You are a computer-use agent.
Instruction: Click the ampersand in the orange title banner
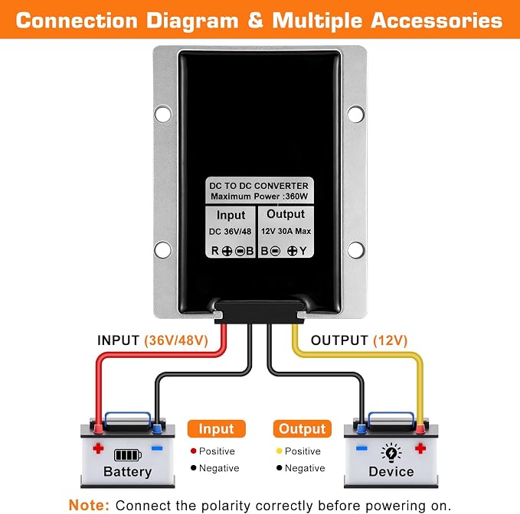click(x=256, y=21)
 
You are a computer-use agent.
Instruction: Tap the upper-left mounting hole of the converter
click(x=163, y=114)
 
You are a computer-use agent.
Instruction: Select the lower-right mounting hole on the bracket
click(x=356, y=249)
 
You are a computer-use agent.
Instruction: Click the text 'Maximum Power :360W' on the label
click(x=260, y=196)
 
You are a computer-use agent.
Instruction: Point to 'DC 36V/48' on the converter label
click(x=231, y=232)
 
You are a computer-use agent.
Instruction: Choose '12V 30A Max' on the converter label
click(x=286, y=231)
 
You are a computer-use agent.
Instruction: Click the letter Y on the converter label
click(x=303, y=251)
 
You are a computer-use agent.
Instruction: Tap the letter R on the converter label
click(x=215, y=251)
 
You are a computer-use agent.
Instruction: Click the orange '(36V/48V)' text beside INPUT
click(x=176, y=340)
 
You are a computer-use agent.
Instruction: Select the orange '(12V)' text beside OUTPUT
click(x=390, y=340)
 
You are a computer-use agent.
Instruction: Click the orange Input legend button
click(x=217, y=429)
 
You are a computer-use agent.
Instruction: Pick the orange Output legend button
click(x=302, y=429)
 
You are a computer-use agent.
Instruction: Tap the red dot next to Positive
click(x=194, y=451)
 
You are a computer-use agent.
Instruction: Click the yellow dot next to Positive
click(x=280, y=451)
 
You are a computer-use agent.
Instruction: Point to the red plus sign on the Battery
click(x=98, y=448)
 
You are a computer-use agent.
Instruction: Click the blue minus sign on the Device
click(x=361, y=448)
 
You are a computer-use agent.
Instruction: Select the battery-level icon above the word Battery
click(x=128, y=455)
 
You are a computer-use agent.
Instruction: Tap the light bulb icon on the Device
click(x=391, y=452)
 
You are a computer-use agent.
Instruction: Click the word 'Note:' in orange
click(x=89, y=505)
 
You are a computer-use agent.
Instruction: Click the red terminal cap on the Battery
click(x=98, y=428)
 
